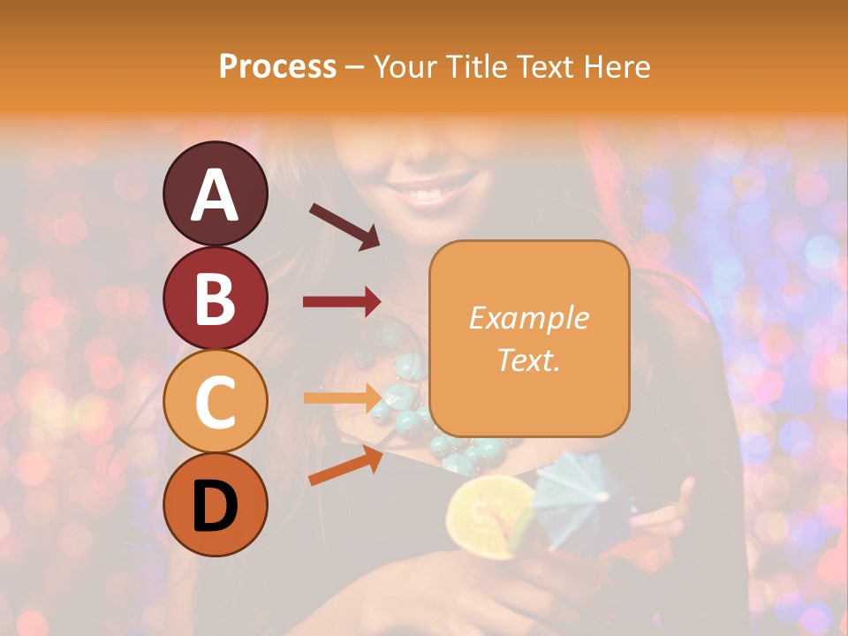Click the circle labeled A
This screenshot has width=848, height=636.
[215, 193]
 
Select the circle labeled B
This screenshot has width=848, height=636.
[215, 298]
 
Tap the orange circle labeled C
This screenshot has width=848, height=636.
[215, 402]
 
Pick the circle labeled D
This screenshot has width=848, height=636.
[215, 505]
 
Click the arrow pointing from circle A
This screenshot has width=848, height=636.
[344, 226]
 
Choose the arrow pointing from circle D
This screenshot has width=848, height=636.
[345, 466]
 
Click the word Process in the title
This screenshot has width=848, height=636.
[277, 66]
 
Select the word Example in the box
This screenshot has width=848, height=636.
[528, 318]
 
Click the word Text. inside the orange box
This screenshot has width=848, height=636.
[528, 360]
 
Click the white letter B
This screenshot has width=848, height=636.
[215, 299]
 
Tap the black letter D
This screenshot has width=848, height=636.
[215, 506]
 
